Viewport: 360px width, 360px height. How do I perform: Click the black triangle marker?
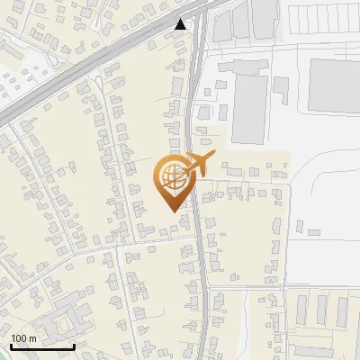(x=182, y=24)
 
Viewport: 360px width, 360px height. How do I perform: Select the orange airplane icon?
(x=200, y=163)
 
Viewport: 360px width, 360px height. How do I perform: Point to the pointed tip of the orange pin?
(x=171, y=210)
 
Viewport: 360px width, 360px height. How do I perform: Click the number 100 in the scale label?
(x=19, y=338)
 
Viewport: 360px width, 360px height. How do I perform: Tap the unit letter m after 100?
(x=33, y=338)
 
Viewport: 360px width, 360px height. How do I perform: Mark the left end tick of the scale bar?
(x=12, y=346)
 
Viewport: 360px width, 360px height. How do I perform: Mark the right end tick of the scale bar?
(x=73, y=346)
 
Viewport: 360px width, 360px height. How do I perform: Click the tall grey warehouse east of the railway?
(x=249, y=108)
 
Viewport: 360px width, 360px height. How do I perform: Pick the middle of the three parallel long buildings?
(x=321, y=310)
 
